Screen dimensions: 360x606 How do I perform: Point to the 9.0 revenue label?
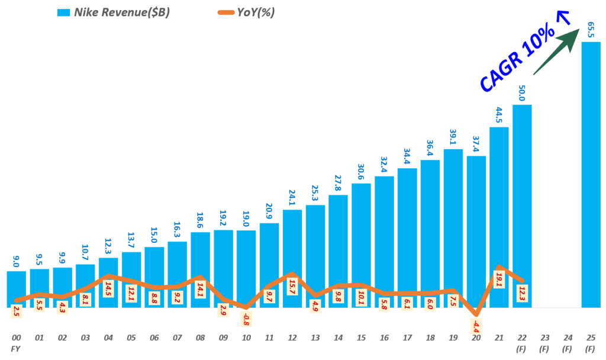click(x=16, y=259)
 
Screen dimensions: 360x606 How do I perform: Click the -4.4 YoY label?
click(x=476, y=326)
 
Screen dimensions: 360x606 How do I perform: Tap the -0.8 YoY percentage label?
click(x=246, y=320)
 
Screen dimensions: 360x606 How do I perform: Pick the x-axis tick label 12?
click(x=292, y=338)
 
